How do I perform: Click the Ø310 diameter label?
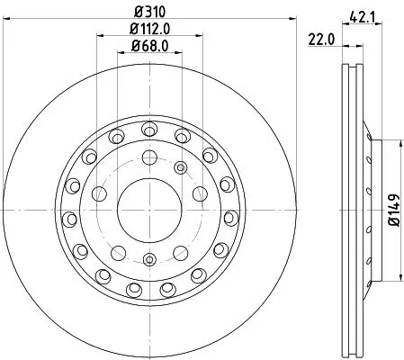pos(150,12)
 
